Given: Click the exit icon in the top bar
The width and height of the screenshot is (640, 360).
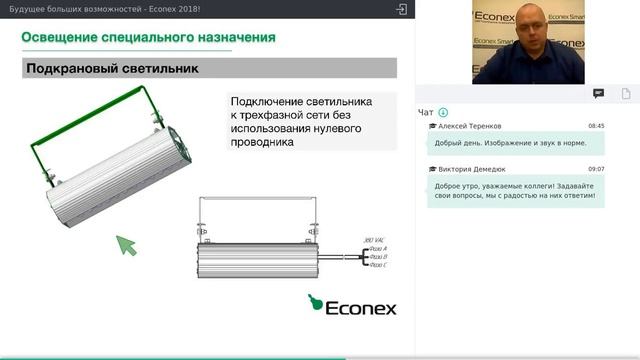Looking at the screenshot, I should pos(402,9).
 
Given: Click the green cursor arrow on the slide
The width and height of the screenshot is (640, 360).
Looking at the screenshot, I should pos(126,244).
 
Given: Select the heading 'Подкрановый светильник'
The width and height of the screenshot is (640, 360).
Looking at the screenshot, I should pos(111,69).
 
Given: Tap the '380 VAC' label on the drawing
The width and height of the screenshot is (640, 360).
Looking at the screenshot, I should pos(372,240).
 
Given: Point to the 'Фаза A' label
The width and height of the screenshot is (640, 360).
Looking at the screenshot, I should pos(378,248).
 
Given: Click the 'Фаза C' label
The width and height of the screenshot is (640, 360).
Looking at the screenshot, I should pos(378,265).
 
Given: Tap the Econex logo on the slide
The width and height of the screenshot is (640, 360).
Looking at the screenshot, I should pos(351,304).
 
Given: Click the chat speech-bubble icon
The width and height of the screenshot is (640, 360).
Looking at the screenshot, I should pos(598,93).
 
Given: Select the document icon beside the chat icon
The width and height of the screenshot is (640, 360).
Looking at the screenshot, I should pos(626,93).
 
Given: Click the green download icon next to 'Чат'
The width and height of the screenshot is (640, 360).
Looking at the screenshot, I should pos(443,112).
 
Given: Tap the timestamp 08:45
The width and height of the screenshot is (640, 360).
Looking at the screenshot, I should pos(596,126).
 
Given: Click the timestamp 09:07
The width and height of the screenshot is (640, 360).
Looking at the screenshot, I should pos(596,169).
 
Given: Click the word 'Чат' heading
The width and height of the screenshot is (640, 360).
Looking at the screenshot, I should pos(426,112).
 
